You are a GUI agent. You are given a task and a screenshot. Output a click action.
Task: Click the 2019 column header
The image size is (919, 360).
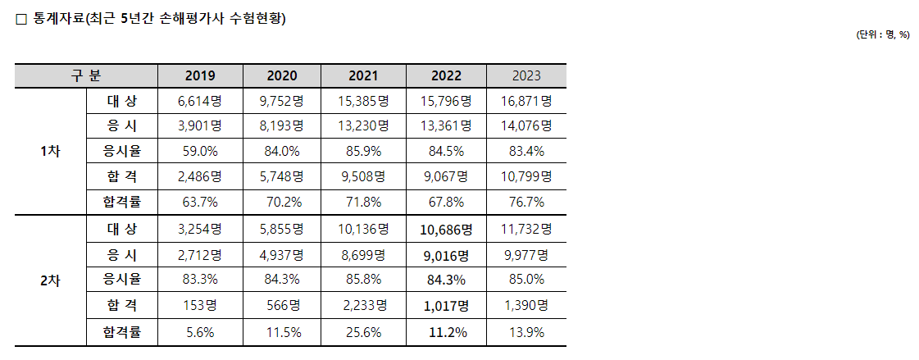[199, 75]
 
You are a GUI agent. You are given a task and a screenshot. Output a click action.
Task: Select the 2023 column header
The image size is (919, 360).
[525, 75]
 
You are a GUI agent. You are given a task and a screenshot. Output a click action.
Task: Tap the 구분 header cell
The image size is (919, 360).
[86, 75]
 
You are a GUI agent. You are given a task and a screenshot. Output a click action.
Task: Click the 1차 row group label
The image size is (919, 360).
[50, 151]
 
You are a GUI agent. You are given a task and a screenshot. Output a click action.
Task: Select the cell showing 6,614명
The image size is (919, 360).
[199, 101]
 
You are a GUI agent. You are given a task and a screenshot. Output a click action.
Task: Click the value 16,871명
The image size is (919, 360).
[525, 101]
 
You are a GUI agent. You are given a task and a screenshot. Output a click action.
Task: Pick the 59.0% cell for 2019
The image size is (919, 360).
[199, 151]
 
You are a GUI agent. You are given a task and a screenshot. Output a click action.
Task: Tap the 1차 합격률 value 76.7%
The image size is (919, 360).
[525, 202]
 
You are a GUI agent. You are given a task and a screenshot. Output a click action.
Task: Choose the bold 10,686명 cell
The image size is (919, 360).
[444, 229]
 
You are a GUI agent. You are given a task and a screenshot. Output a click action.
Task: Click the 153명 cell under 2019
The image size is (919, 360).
[199, 306]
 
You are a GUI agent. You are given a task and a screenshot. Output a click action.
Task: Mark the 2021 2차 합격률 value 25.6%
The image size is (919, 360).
[363, 332]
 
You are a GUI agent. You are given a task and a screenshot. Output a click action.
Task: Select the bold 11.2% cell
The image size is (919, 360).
[444, 332]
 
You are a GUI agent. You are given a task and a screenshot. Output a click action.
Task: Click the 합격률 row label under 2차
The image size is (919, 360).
[122, 332]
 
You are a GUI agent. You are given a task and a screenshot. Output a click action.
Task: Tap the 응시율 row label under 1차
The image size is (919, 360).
[122, 151]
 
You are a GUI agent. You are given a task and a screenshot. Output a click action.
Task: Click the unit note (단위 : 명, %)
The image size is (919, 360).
[882, 34]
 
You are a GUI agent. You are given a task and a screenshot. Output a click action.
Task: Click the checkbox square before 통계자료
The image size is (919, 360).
[22, 20]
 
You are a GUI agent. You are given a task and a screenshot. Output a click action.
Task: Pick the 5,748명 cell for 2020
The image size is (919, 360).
[281, 176]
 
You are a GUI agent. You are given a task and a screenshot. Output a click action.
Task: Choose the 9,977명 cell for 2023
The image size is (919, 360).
[525, 255]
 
